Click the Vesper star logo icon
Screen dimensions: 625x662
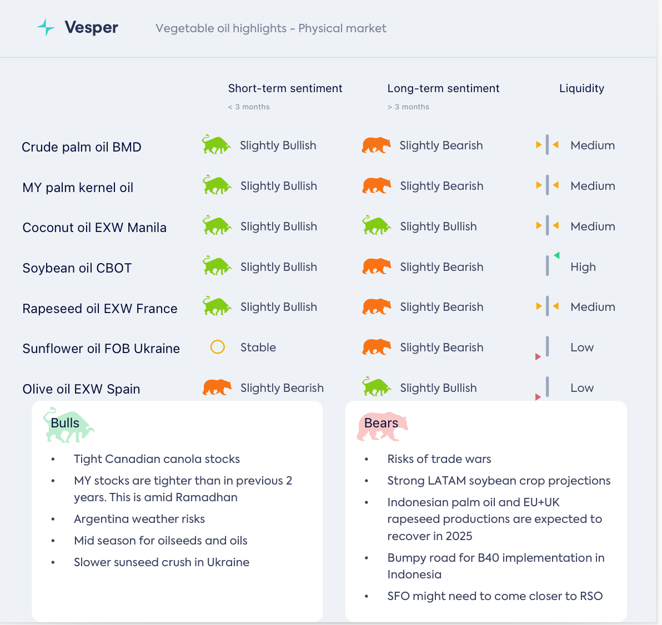coord(46,27)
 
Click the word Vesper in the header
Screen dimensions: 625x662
coord(91,27)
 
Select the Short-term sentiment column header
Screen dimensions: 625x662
coord(285,88)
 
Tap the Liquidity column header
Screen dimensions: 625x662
coord(581,88)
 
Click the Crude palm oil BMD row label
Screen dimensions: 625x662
coord(82,147)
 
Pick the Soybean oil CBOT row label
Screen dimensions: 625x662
coord(77,268)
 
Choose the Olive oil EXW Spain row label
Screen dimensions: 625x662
coord(81,389)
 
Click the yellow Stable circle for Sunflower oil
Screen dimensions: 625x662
coord(218,347)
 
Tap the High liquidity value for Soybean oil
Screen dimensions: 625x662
coord(583,267)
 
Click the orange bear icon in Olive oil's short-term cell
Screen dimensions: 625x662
coord(217,387)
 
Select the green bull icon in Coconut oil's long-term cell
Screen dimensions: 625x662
coord(377,226)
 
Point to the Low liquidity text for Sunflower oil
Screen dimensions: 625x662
coord(582,347)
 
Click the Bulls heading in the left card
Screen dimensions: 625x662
coord(65,423)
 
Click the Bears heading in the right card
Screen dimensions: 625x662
coord(381,423)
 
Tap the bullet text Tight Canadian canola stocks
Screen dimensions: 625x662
coord(157,459)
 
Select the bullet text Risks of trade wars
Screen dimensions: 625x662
coord(439,459)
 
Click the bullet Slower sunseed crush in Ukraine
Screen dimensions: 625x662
coord(162,562)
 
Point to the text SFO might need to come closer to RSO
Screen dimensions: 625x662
coord(495,596)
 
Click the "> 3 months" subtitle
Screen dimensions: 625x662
coord(408,107)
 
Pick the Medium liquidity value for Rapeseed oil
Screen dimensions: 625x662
coord(593,307)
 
